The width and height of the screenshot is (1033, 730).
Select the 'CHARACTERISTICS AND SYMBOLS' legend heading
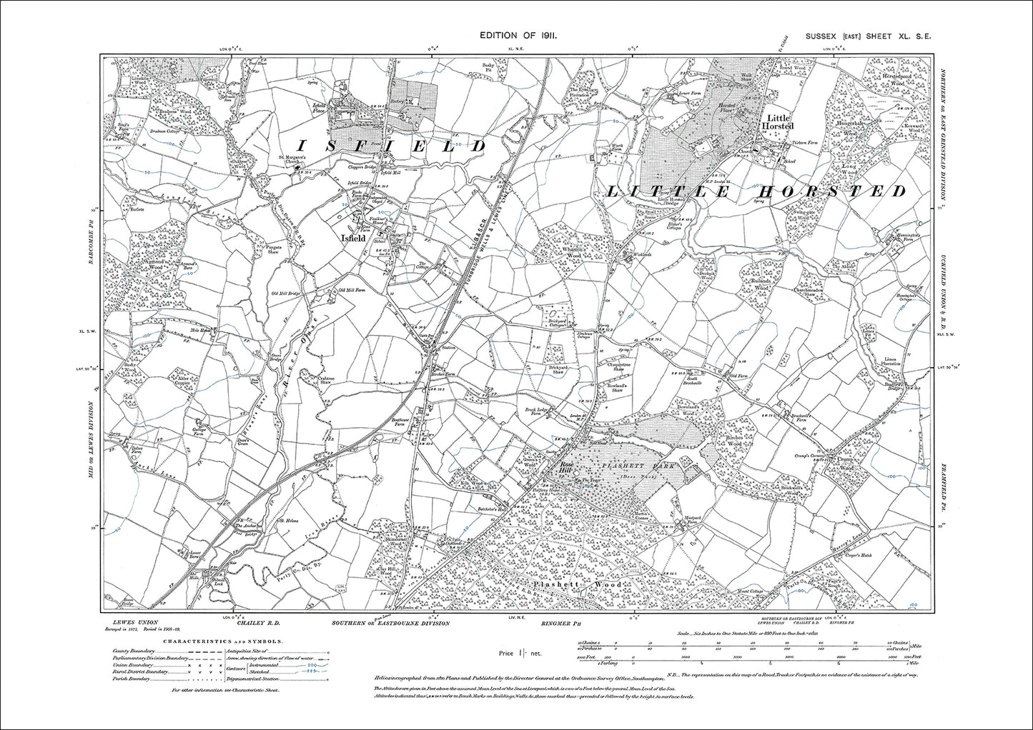tap(218, 641)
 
